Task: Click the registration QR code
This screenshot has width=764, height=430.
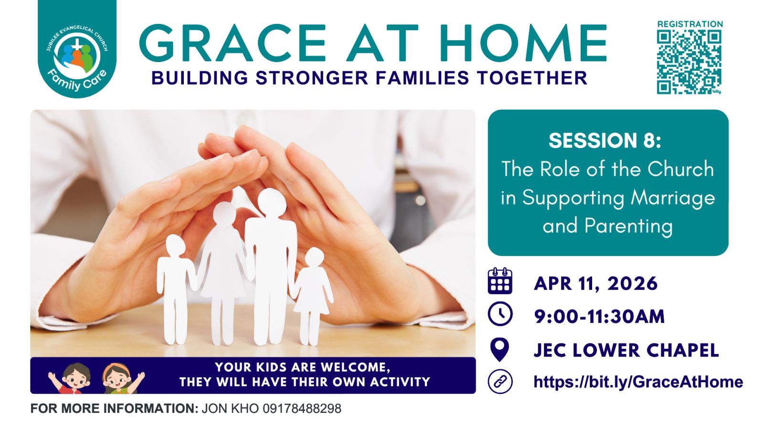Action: pyautogui.click(x=689, y=62)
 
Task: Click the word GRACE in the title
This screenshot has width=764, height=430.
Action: pyautogui.click(x=233, y=43)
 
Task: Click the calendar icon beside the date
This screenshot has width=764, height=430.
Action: pyautogui.click(x=500, y=281)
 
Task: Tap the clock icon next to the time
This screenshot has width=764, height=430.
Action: pyautogui.click(x=500, y=313)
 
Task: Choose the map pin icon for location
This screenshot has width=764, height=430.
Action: pyautogui.click(x=499, y=349)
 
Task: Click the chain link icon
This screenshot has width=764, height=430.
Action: pyautogui.click(x=500, y=381)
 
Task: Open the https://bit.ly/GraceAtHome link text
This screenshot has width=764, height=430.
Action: pyautogui.click(x=638, y=382)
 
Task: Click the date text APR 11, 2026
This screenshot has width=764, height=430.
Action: pyautogui.click(x=595, y=284)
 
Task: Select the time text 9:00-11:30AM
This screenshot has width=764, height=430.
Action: pyautogui.click(x=599, y=316)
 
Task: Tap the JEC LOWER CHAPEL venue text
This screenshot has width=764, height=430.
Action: pyautogui.click(x=626, y=350)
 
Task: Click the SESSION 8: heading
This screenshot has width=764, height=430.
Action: pyautogui.click(x=605, y=140)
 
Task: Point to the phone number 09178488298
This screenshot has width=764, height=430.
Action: pyautogui.click(x=302, y=408)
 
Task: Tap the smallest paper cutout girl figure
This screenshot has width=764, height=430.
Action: pyautogui.click(x=312, y=296)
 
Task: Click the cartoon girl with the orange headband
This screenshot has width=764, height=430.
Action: pyautogui.click(x=121, y=378)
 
